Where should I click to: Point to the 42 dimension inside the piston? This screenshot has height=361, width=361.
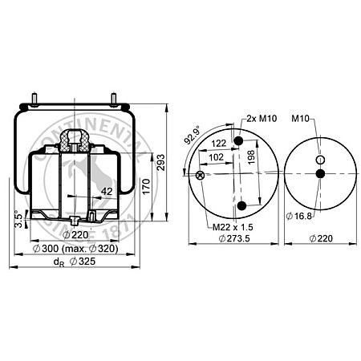point(107,190)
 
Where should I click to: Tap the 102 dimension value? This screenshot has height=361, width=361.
point(216,158)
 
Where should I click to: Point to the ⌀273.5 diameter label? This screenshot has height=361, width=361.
point(236,239)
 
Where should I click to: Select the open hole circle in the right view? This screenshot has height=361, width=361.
point(320,160)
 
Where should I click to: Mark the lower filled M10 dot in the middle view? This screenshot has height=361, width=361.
point(238,205)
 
